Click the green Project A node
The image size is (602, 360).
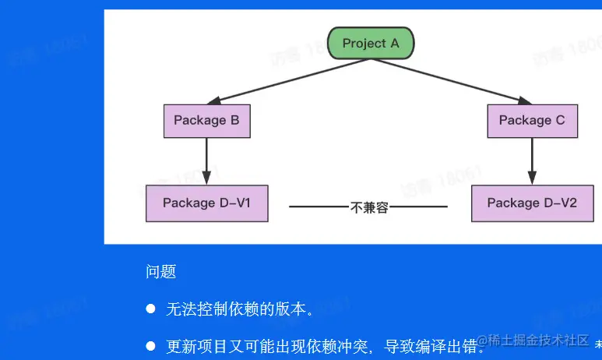tap(371, 44)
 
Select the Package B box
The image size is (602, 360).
tap(206, 121)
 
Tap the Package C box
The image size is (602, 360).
tap(532, 121)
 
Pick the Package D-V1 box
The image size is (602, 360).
tap(206, 203)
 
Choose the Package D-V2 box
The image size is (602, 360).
tap(532, 203)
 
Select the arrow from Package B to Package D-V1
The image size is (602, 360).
tap(206, 161)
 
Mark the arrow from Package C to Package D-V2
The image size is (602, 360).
tap(532, 161)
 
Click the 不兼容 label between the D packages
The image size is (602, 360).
tap(369, 207)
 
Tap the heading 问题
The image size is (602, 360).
tap(160, 272)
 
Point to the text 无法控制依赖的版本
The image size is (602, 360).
tap(240, 309)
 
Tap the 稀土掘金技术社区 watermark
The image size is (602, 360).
tap(533, 341)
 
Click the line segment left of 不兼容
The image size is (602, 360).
tap(319, 207)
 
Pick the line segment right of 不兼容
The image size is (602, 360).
tap(419, 207)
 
